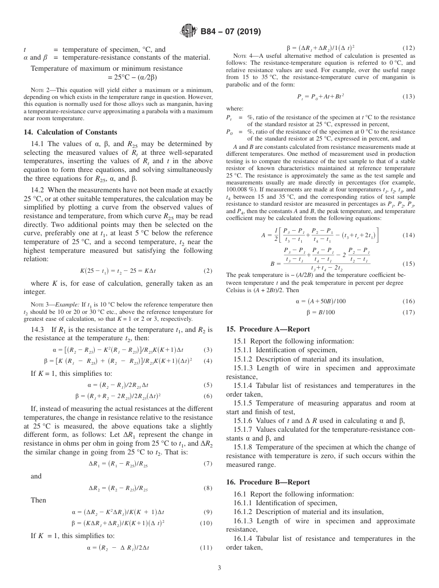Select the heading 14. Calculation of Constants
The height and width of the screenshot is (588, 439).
pos(70,132)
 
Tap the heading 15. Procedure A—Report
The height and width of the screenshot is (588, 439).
pos(268,329)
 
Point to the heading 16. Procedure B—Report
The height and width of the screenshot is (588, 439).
pos(268,482)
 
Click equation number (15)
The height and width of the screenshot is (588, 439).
pos(409,264)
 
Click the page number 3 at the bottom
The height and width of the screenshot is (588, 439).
pos(219,568)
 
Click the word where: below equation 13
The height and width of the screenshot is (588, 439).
pos(234,110)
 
